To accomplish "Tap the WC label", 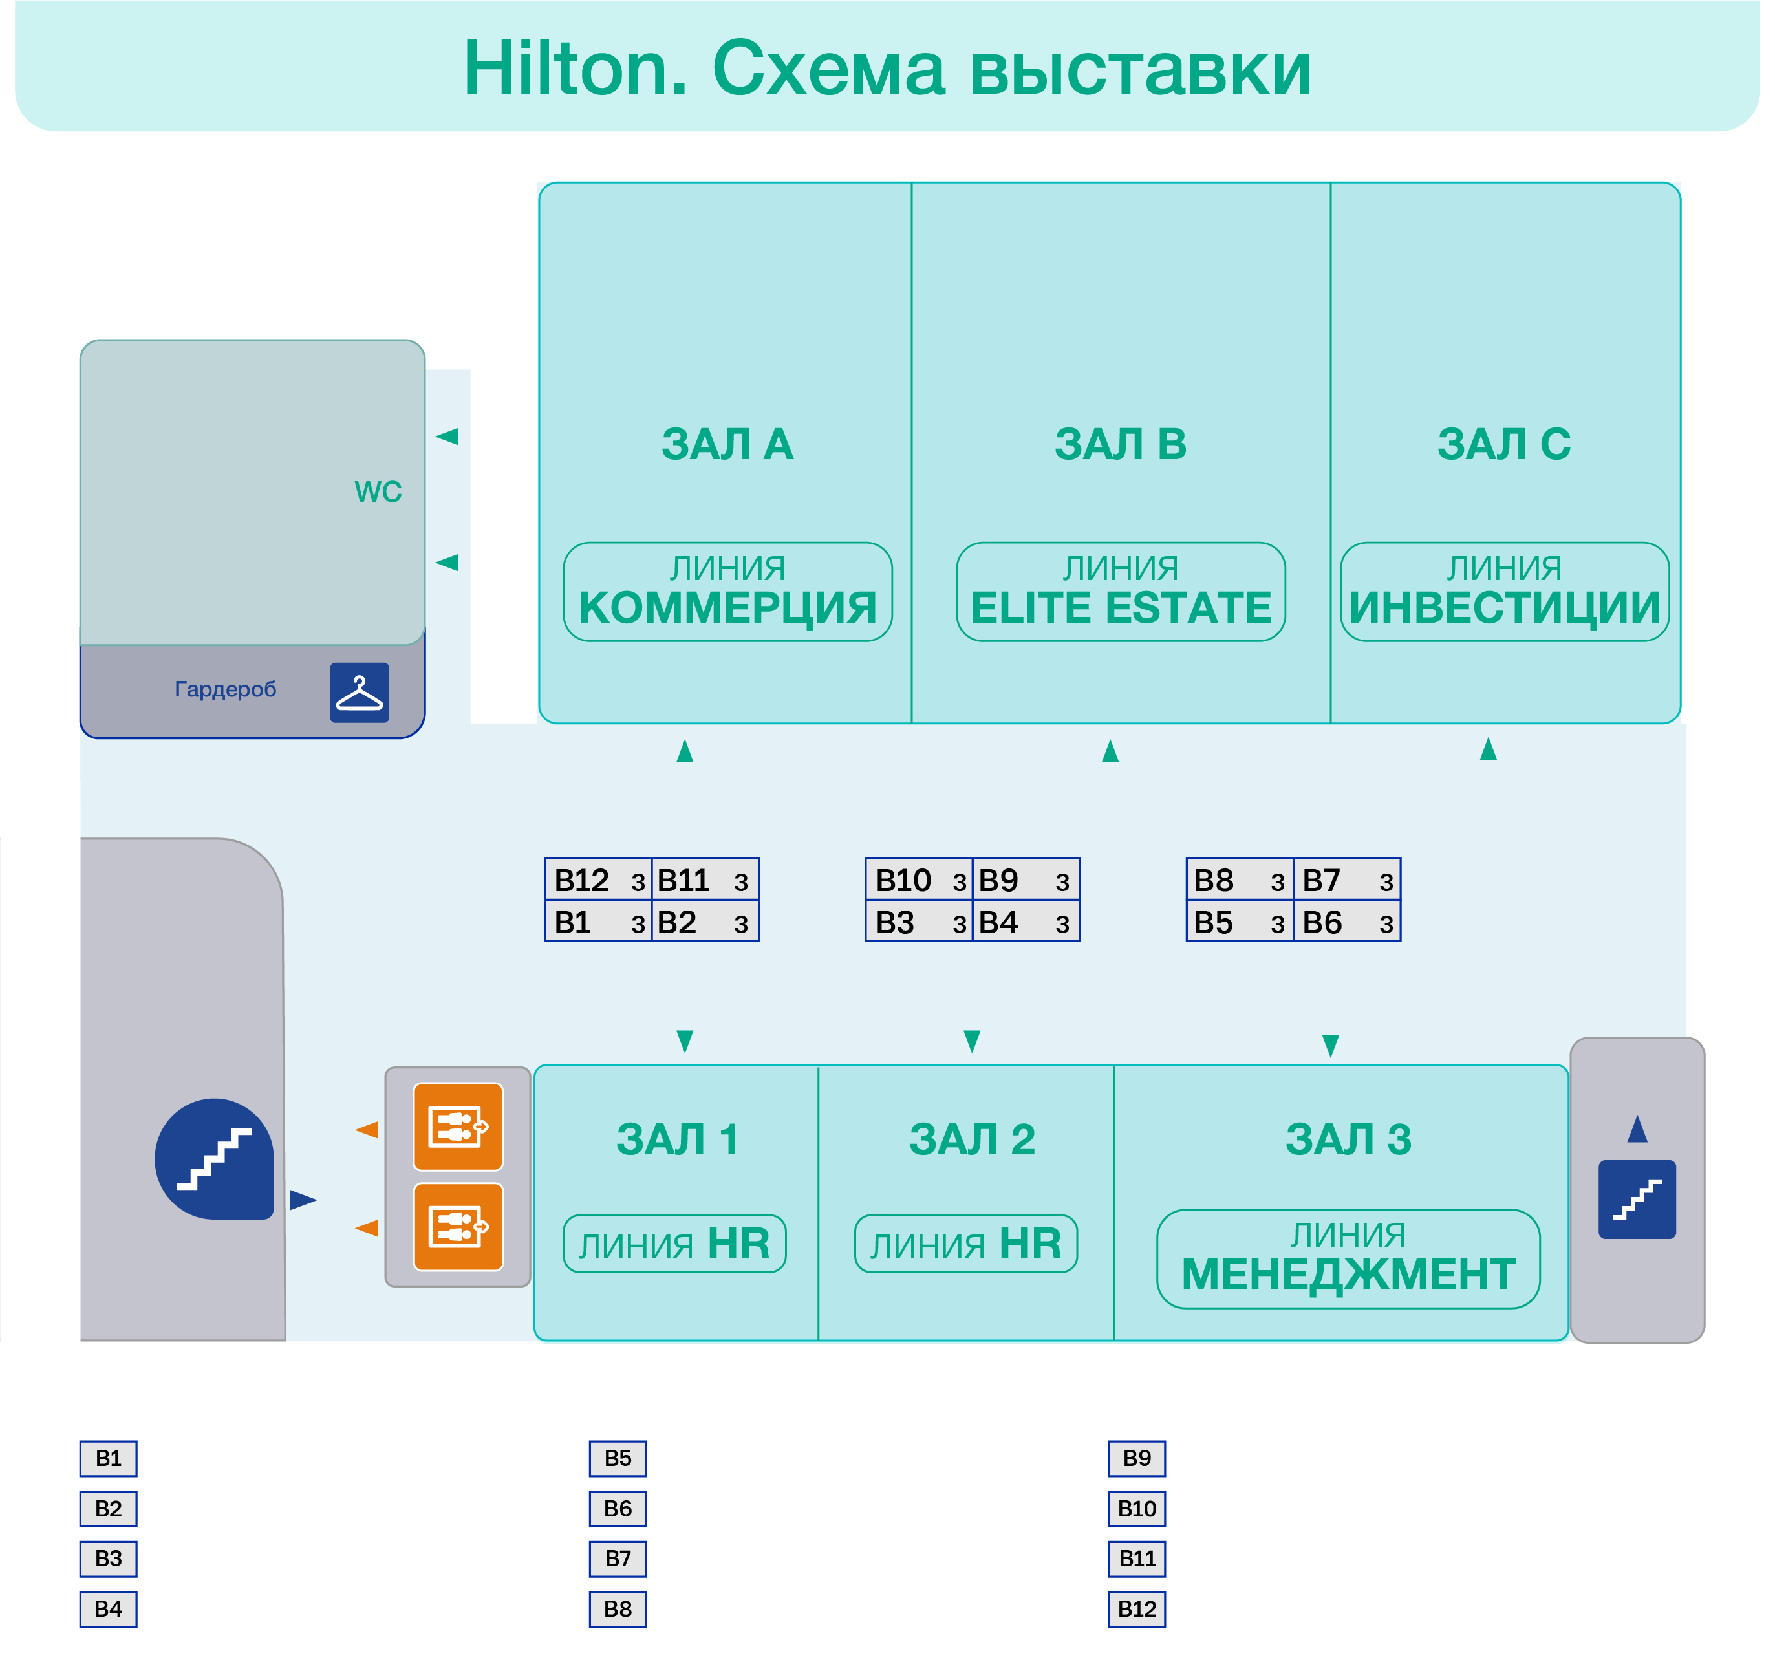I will (x=378, y=492).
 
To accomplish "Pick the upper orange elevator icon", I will (x=458, y=1127).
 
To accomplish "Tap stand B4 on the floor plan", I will (x=1025, y=923).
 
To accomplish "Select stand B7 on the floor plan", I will (x=1346, y=881).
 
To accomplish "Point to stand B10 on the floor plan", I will (x=918, y=881).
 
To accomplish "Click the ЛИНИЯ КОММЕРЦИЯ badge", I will (x=727, y=592).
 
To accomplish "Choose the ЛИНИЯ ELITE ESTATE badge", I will (x=1121, y=592).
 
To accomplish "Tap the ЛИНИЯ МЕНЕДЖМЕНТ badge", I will (x=1348, y=1258).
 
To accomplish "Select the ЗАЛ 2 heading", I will (x=971, y=1139).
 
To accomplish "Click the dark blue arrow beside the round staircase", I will (x=303, y=1200).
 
